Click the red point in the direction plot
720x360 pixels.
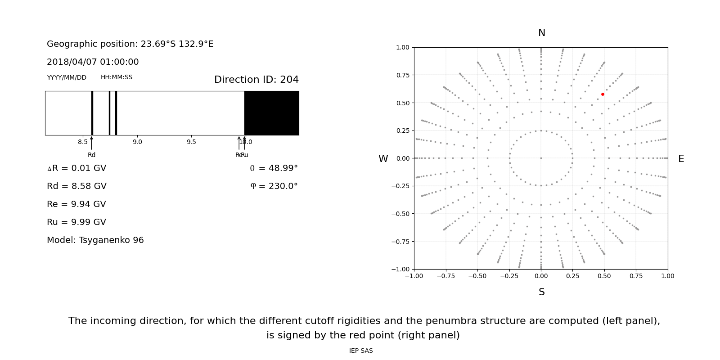(603, 94)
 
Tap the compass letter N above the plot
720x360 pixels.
(541, 33)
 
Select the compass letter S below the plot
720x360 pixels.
(541, 292)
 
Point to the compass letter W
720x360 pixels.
(383, 159)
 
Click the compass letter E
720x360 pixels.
(681, 159)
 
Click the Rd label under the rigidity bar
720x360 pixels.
(91, 155)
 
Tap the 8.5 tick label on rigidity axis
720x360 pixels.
(83, 142)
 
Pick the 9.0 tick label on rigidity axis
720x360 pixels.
(137, 142)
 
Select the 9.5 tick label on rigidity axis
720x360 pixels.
(191, 142)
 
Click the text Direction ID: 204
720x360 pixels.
(256, 80)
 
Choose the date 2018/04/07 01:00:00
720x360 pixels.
(93, 62)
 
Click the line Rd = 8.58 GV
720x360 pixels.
(76, 186)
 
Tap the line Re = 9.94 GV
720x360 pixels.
(76, 204)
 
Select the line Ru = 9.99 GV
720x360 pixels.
(76, 222)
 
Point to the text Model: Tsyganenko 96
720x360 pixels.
(95, 240)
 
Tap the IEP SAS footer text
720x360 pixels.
(361, 351)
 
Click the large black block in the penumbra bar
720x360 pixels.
(271, 113)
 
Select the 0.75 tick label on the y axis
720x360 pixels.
(402, 75)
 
